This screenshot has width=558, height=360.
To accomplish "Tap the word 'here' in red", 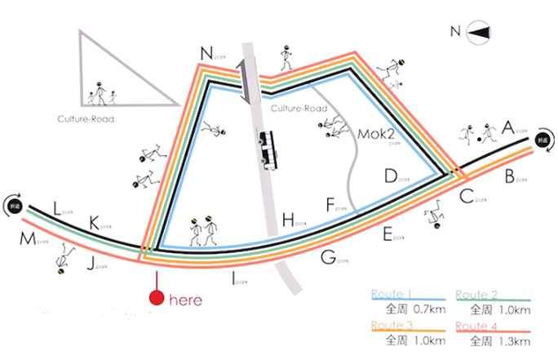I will [x=185, y=300].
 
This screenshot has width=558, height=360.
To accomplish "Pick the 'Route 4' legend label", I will [x=473, y=324].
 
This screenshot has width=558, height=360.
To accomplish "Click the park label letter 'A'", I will [x=508, y=127].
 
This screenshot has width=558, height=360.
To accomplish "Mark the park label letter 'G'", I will [x=328, y=258].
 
